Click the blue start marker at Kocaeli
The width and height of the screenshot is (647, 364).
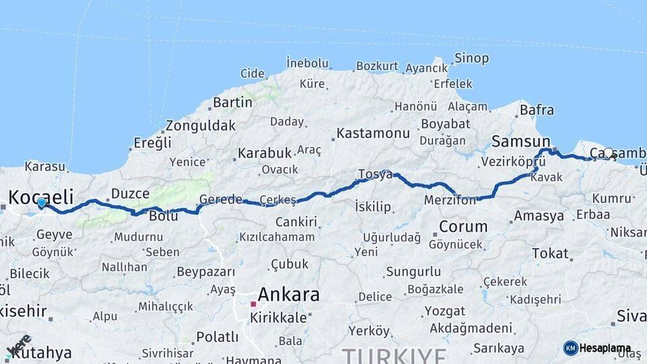pyautogui.click(x=42, y=202)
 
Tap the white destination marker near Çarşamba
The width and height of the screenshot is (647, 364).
pyautogui.click(x=609, y=153)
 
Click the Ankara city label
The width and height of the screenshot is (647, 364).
pyautogui.click(x=288, y=295)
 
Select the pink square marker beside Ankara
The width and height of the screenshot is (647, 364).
pyautogui.click(x=253, y=304)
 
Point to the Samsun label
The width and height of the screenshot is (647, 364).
pyautogui.click(x=521, y=142)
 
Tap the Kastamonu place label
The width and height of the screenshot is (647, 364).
pyautogui.click(x=373, y=133)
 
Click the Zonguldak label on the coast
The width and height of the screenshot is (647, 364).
pyautogui.click(x=201, y=125)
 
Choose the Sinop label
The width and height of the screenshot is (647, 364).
pyautogui.click(x=471, y=59)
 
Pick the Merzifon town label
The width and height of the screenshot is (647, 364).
pyautogui.click(x=450, y=200)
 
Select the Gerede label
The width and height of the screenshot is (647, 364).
pyautogui.click(x=220, y=200)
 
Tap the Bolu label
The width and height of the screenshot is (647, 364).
pyautogui.click(x=163, y=216)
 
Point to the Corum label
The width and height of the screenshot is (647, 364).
pyautogui.click(x=463, y=226)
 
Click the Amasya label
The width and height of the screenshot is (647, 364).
pyautogui.click(x=538, y=216)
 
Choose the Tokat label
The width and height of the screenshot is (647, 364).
pyautogui.click(x=550, y=253)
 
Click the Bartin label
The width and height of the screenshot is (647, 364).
pyautogui.click(x=233, y=103)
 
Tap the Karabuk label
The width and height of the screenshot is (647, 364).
pyautogui.click(x=264, y=153)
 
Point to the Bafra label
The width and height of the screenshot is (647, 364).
pyautogui.click(x=537, y=110)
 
